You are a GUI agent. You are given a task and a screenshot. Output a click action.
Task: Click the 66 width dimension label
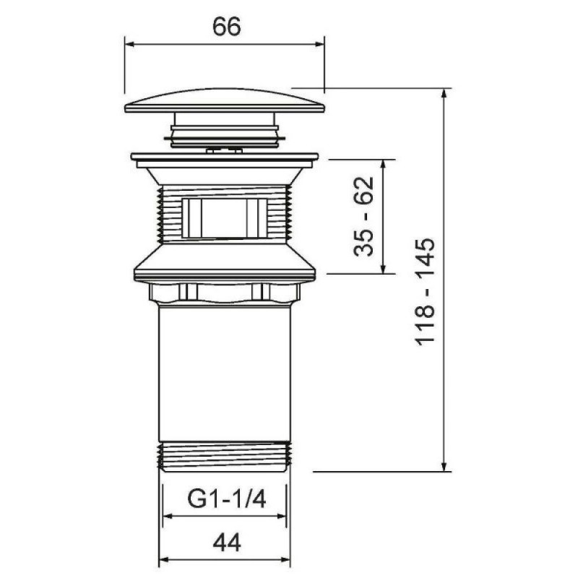pyautogui.click(x=226, y=27)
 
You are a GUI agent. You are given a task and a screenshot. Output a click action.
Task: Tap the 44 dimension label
pyautogui.click(x=227, y=543)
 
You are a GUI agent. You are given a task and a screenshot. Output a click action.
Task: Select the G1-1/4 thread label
pyautogui.click(x=226, y=499)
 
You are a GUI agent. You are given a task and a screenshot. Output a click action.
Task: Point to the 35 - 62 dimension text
pyautogui.click(x=363, y=216)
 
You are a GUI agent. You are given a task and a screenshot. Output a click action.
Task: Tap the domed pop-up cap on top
pyautogui.click(x=225, y=100)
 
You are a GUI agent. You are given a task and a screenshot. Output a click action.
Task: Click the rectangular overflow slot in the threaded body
pyautogui.click(x=224, y=218)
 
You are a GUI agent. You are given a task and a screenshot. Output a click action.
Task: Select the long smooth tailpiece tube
pyautogui.click(x=225, y=373)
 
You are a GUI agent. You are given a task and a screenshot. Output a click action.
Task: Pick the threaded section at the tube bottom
pyautogui.click(x=225, y=457)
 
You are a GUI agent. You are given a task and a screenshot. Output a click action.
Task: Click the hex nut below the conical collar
pyautogui.click(x=225, y=293)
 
